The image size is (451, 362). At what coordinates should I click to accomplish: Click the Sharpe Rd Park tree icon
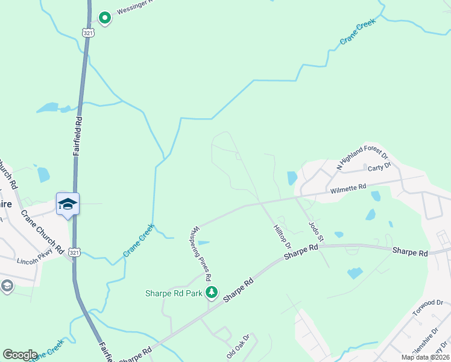point(212,293)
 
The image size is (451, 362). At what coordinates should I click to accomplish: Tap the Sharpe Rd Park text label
point(174,294)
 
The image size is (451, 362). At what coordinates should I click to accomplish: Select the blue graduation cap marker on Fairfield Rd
point(68,204)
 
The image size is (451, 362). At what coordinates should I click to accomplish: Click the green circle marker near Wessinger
point(105,18)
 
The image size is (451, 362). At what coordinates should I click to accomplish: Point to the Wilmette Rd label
point(348,189)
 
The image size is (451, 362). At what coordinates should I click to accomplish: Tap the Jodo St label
point(316,232)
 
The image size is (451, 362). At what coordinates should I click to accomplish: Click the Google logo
point(20,355)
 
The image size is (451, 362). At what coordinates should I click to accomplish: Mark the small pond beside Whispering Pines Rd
point(203,243)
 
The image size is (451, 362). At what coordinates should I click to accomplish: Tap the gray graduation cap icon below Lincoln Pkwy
point(7,286)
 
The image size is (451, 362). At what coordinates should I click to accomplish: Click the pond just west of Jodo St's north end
point(292,178)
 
